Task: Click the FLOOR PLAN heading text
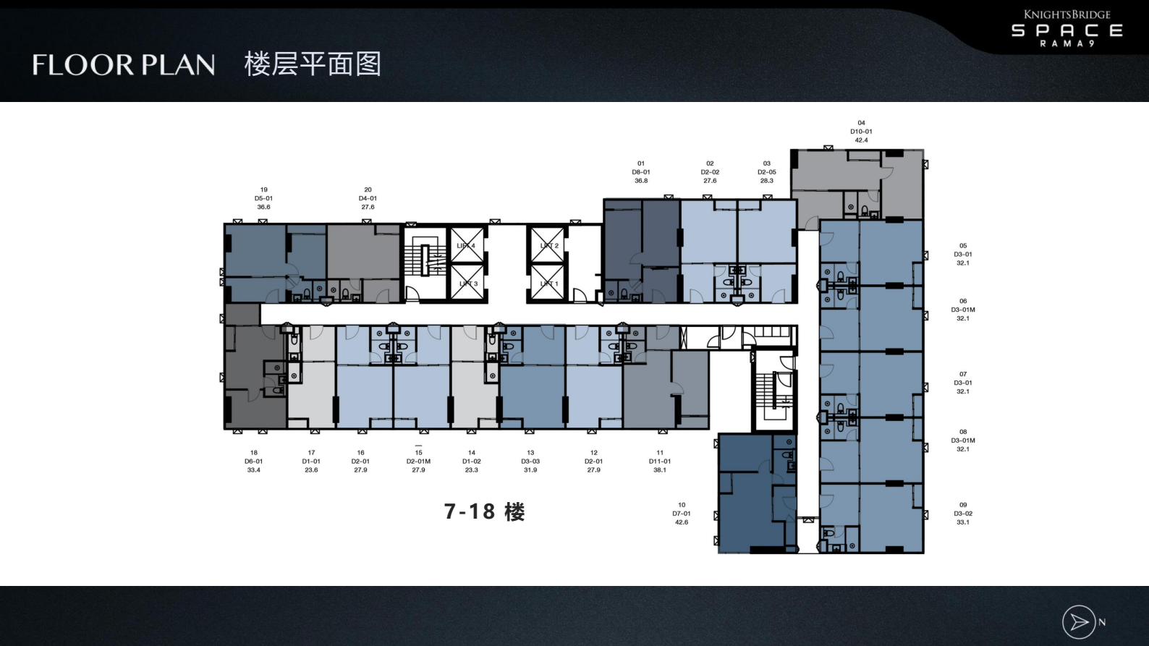124,65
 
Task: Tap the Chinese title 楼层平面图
313,64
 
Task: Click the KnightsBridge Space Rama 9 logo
1067,29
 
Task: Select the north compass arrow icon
1079,622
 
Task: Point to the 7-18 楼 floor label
484,512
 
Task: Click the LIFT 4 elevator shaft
467,246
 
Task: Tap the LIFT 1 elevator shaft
548,284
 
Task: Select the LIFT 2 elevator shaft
548,246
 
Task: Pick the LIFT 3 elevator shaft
467,284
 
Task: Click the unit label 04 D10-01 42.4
861,132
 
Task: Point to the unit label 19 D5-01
263,198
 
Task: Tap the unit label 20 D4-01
368,198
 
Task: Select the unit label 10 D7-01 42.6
682,514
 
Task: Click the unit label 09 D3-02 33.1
963,514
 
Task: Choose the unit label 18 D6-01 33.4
254,462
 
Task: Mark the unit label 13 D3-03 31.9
530,462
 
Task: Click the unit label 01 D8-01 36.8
641,172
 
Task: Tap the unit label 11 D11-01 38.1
660,462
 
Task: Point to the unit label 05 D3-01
963,255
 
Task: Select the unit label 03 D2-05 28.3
767,172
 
